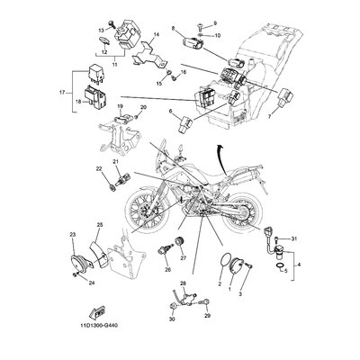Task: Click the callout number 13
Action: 101,30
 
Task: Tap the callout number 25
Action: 100,224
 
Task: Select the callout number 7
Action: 269,117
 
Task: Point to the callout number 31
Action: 293,238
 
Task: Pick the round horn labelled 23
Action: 78,261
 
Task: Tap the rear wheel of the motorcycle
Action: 240,212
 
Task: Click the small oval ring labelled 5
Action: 279,266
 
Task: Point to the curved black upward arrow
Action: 221,159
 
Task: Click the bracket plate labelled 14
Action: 149,54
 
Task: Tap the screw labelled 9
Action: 201,28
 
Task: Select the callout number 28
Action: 183,283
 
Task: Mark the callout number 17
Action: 62,93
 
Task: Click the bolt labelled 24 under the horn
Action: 76,274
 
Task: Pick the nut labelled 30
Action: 173,307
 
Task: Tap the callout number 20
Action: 143,107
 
